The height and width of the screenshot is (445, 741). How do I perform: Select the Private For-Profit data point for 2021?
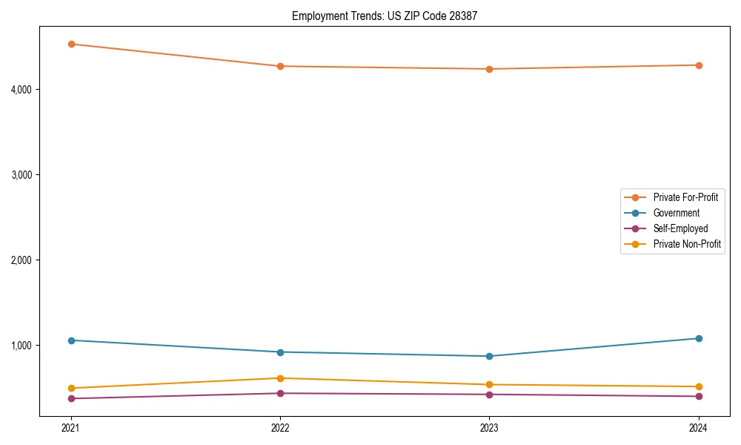pyautogui.click(x=71, y=44)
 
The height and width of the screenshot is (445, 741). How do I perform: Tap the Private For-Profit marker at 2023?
pyautogui.click(x=489, y=69)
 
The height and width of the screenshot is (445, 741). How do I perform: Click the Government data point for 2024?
pyautogui.click(x=698, y=338)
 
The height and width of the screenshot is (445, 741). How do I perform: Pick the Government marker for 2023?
pyautogui.click(x=489, y=356)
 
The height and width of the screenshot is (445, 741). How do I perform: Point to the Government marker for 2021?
pyautogui.click(x=71, y=340)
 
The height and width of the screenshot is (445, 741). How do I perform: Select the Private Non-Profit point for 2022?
pyautogui.click(x=280, y=378)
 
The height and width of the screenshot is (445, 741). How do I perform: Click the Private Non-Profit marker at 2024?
pyautogui.click(x=698, y=386)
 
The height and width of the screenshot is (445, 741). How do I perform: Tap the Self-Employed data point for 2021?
pyautogui.click(x=71, y=398)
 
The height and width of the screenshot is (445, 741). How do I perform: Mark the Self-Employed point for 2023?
pyautogui.click(x=489, y=394)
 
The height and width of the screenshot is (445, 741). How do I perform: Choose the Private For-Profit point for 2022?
pyautogui.click(x=280, y=66)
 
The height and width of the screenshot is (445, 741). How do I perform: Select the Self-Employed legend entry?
pyautogui.click(x=680, y=228)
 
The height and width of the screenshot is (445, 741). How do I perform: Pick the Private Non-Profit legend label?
pyautogui.click(x=687, y=244)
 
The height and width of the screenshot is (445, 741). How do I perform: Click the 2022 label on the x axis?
pyautogui.click(x=280, y=427)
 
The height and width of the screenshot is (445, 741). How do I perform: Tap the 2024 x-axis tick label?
pyautogui.click(x=698, y=427)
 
